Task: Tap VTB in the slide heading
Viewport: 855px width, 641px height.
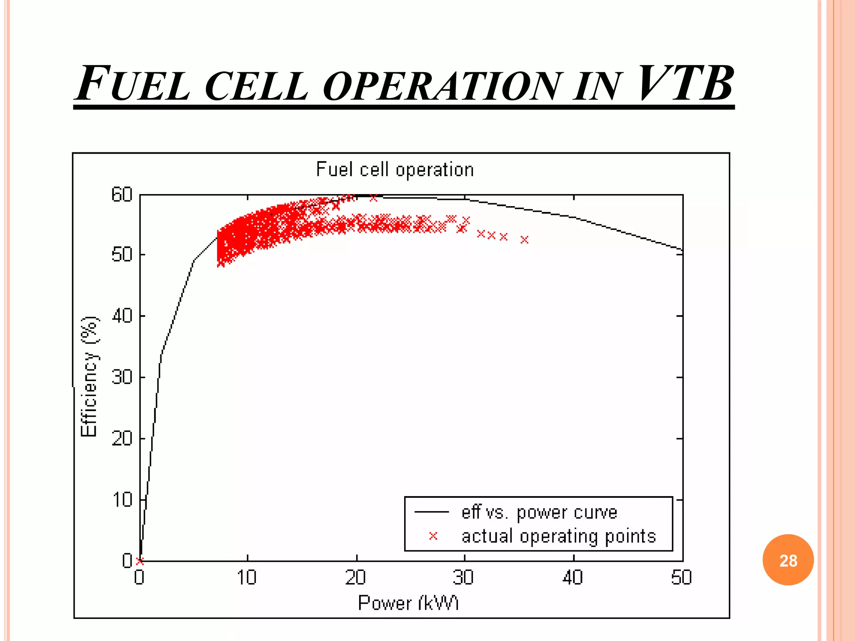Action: (685, 83)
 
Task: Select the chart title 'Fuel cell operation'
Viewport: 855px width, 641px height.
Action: (395, 170)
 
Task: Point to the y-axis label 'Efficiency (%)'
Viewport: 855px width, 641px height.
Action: (89, 377)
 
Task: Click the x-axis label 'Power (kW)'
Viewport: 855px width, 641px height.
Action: (408, 603)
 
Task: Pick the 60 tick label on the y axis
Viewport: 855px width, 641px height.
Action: (121, 195)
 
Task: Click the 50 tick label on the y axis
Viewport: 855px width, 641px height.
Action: (121, 255)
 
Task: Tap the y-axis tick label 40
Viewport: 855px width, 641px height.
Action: (121, 316)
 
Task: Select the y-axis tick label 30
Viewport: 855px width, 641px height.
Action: (121, 377)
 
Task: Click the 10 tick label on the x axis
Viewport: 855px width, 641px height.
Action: (247, 578)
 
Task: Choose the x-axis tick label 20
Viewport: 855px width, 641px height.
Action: (356, 578)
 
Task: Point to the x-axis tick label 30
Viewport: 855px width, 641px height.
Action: (463, 578)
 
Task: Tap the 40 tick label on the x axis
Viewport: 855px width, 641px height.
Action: (573, 578)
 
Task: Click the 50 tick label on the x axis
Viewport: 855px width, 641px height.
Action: (681, 578)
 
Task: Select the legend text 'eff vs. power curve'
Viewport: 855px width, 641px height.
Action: (539, 512)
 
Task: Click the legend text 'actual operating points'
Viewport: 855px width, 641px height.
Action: (559, 536)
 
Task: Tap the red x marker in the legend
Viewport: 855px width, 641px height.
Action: (433, 536)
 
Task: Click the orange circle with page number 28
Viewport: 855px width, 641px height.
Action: (788, 560)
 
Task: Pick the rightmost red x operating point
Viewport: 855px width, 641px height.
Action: (525, 240)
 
